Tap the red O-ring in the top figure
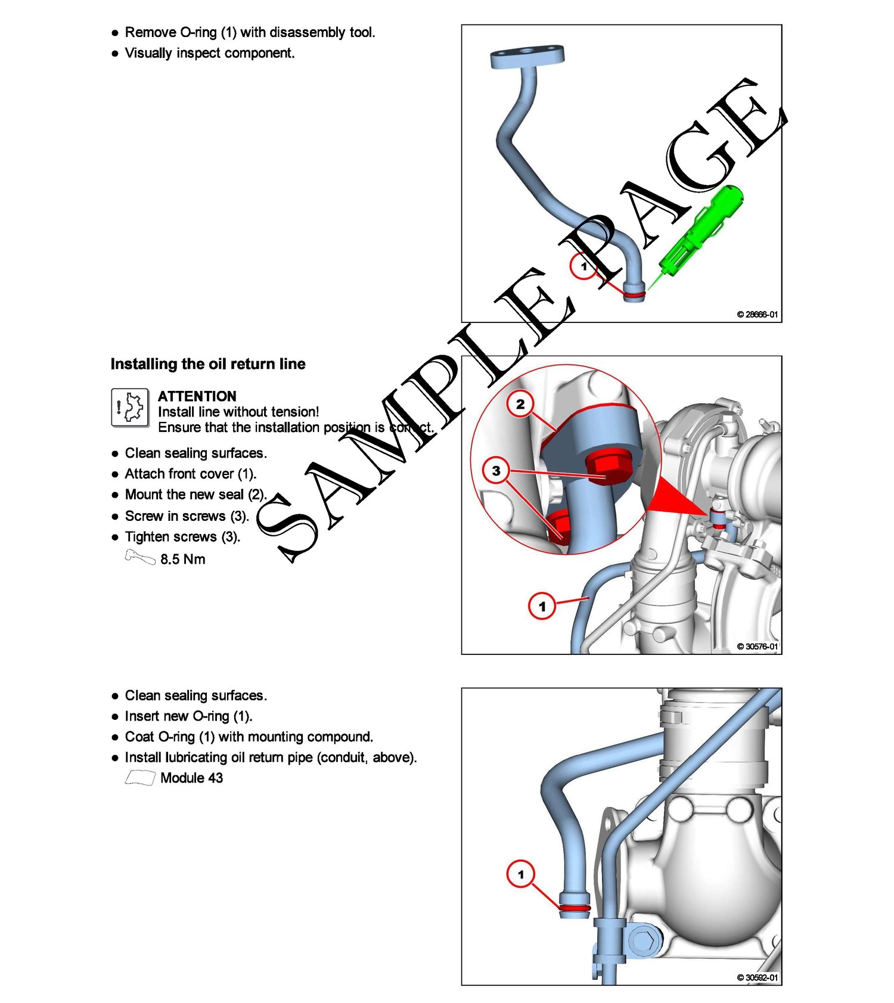coord(634,294)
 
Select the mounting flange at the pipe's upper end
coord(527,57)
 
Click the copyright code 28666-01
coord(758,314)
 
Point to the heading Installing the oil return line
coord(208,364)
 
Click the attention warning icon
coord(130,408)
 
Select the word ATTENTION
coord(197,396)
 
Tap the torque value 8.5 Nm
coord(183,559)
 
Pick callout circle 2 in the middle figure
coord(520,404)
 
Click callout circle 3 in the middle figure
coord(496,471)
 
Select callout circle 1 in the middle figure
coord(542,606)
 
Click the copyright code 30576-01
coord(758,646)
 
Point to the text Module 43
coord(192,778)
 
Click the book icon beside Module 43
coord(140,778)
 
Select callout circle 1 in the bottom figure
coord(521,874)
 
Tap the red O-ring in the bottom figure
coord(575,908)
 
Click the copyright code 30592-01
coord(758,977)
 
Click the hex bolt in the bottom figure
coord(643,941)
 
